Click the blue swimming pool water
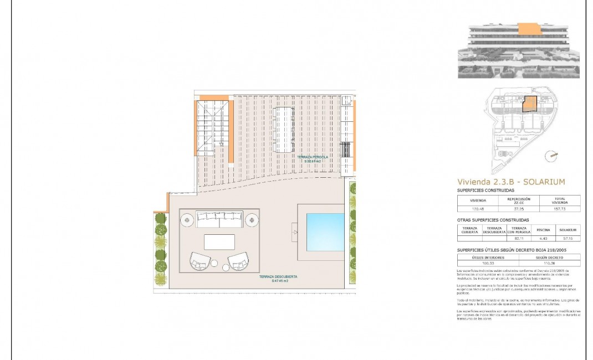(x=322, y=233)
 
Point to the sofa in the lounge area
(x=219, y=219)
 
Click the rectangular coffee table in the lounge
(x=219, y=242)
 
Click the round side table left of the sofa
(x=187, y=220)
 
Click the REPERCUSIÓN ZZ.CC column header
(x=519, y=200)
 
